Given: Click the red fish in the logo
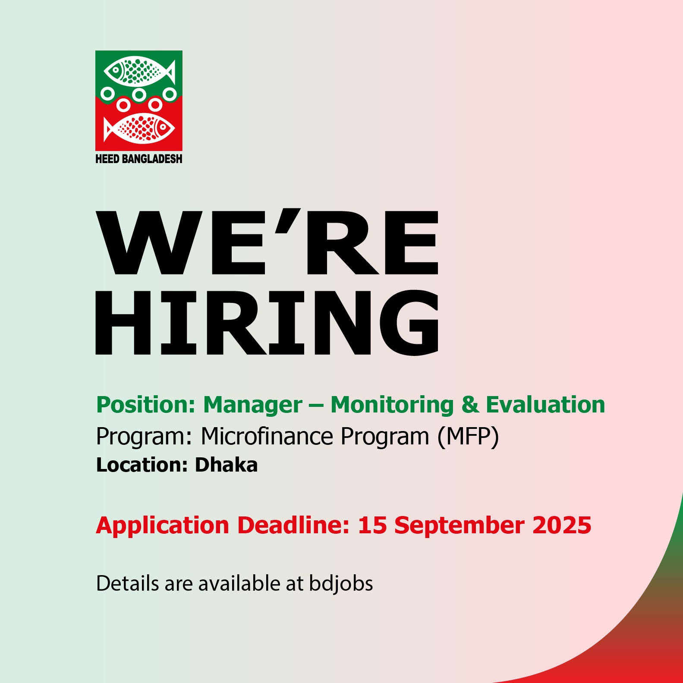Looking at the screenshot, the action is (x=139, y=128).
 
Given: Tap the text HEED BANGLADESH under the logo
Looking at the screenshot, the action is (x=139, y=159).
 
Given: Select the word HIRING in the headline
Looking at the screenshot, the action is (x=267, y=322).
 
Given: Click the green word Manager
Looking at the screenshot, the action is (x=253, y=405).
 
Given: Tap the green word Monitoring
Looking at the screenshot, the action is (x=392, y=405).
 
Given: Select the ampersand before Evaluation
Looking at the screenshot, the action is (x=470, y=405).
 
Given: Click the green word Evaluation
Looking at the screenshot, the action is (x=545, y=405).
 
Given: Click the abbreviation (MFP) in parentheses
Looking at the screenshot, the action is (x=468, y=437).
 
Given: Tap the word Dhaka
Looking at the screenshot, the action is (x=227, y=465).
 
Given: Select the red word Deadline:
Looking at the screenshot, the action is (x=293, y=526).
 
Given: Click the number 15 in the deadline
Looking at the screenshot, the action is (x=372, y=526).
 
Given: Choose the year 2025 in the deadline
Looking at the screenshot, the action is (x=562, y=526).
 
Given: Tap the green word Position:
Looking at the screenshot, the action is (x=146, y=405).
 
